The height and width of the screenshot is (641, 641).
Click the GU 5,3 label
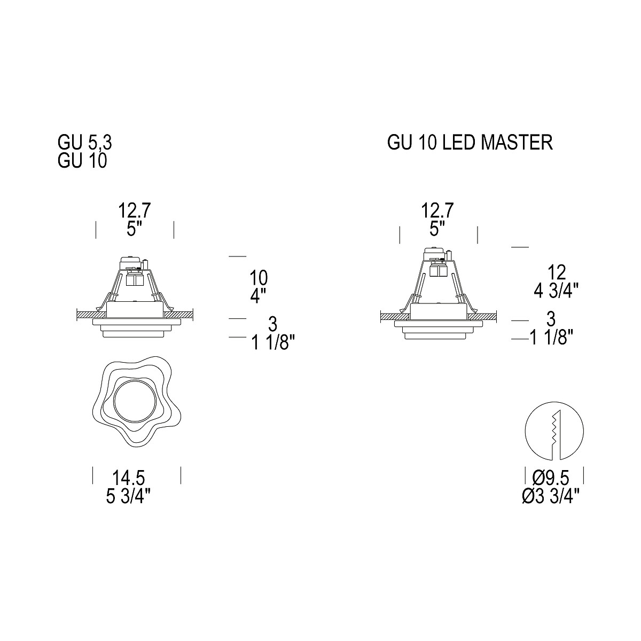point(85,143)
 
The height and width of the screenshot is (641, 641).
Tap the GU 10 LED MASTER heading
point(470,143)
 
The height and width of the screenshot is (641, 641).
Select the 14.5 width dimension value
point(128,478)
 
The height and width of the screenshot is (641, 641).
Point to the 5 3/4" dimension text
point(128,497)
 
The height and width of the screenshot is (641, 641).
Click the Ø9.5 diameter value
point(551,478)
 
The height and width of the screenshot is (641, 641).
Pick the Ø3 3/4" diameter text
point(551,497)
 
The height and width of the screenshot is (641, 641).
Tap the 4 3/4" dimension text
point(557,292)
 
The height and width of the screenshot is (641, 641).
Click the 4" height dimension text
point(259,296)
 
